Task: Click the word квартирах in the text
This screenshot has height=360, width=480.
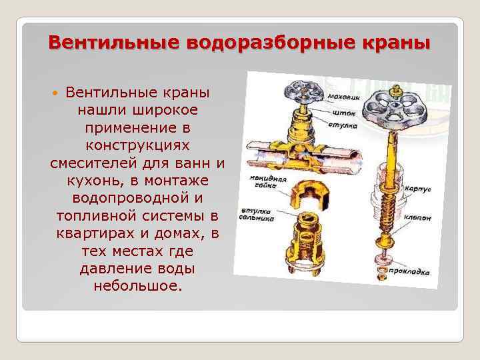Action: click(93, 234)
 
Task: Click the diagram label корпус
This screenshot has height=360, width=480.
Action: click(417, 189)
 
